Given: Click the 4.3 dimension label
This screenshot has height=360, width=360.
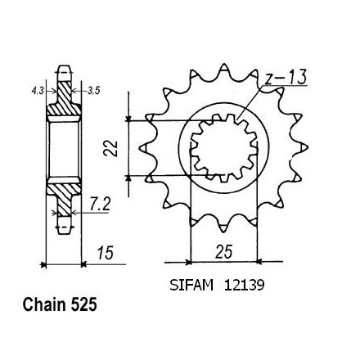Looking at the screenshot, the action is (38, 91).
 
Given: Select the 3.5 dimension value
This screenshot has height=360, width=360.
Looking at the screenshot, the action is (93, 91).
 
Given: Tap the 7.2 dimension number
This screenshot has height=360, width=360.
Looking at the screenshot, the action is (100, 205).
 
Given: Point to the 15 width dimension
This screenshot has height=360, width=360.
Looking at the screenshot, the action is (106, 253).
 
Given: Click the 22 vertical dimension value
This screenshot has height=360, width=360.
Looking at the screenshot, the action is (110, 149).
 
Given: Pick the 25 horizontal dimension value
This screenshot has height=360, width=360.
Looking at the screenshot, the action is (224, 252).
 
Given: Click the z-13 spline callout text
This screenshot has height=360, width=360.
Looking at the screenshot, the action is (286, 78).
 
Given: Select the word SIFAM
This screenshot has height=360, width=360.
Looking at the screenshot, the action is (191, 286).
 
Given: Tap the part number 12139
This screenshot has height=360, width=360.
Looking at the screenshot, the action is (244, 286).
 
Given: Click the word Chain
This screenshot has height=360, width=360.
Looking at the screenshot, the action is (44, 304).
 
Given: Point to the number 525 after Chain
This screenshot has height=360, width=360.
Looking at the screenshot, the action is (84, 304).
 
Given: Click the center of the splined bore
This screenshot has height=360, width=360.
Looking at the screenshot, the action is (223, 148).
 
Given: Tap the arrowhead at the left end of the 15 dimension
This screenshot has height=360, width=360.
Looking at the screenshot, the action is (43, 264).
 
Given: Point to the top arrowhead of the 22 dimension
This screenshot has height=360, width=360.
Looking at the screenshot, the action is (128, 119).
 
